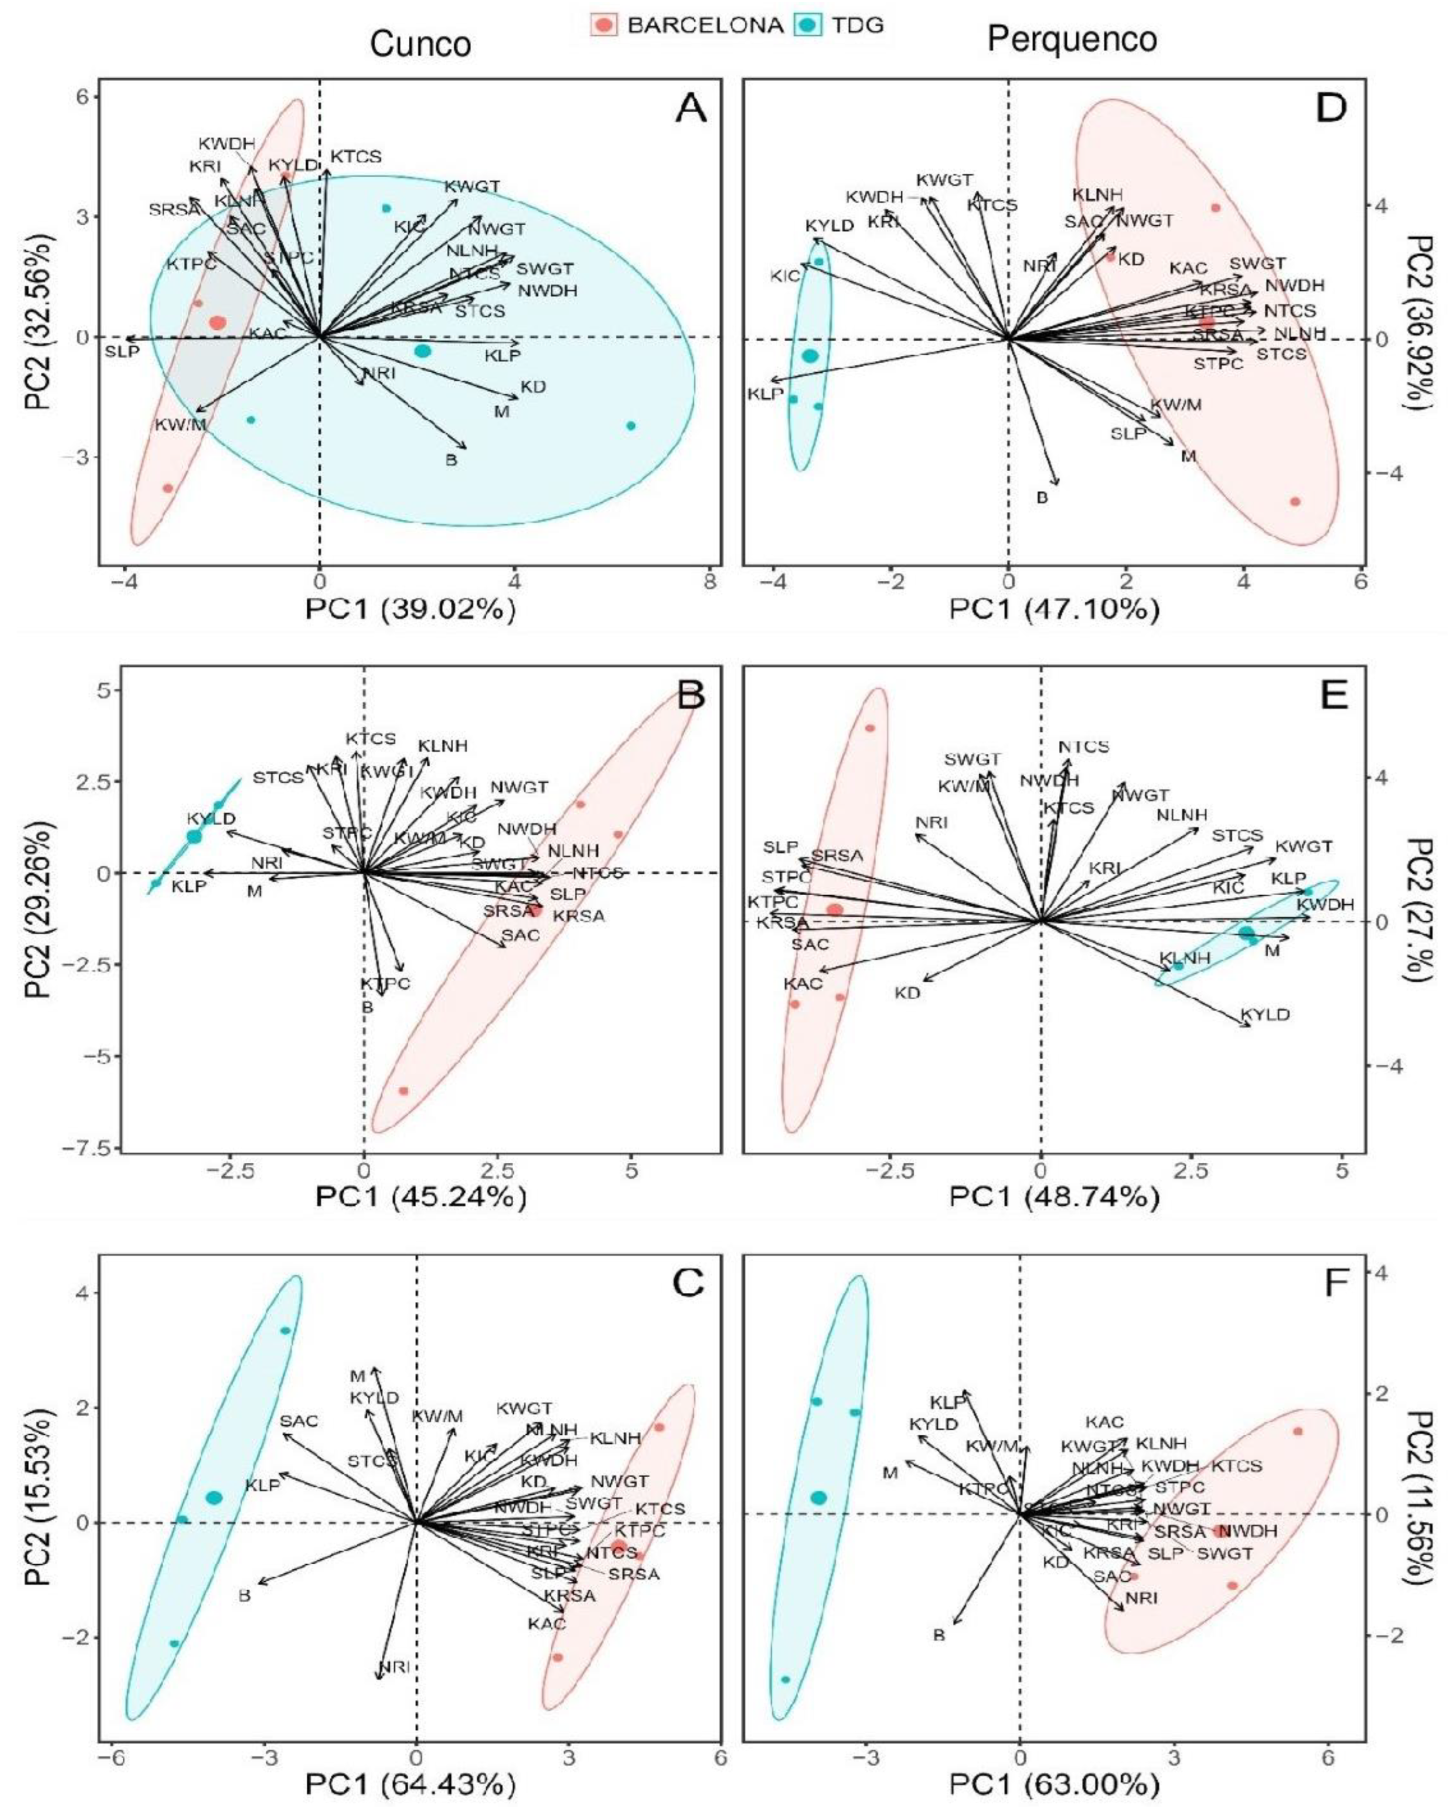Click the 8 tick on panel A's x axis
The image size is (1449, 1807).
click(x=710, y=580)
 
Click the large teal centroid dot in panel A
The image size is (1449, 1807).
click(x=423, y=350)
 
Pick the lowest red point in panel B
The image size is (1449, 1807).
click(x=403, y=1090)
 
